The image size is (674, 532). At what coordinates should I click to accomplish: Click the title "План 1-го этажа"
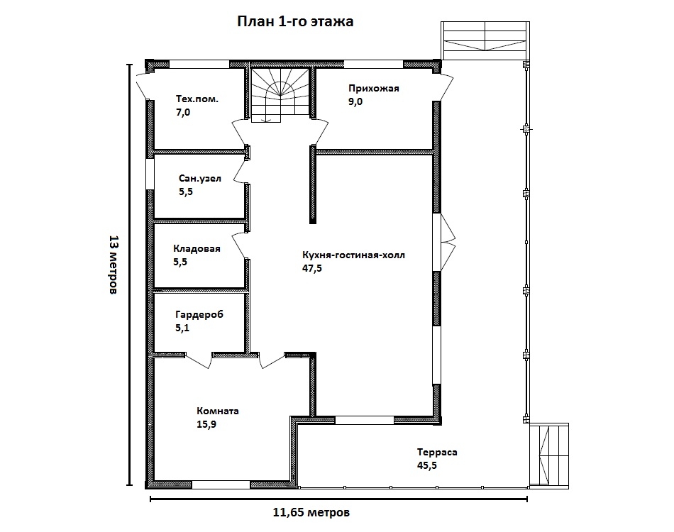click(295, 21)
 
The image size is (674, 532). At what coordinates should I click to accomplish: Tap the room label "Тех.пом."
click(197, 99)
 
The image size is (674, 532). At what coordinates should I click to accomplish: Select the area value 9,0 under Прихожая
click(355, 102)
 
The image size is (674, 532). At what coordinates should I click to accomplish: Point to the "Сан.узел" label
click(200, 178)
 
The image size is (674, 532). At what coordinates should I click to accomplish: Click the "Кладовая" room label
click(197, 248)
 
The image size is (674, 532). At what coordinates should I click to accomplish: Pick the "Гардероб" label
click(199, 314)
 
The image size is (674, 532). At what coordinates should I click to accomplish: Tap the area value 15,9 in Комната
click(206, 425)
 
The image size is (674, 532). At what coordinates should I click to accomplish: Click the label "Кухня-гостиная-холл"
click(353, 255)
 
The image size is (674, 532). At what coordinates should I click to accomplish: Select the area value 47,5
click(312, 269)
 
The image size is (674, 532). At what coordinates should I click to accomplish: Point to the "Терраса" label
click(437, 452)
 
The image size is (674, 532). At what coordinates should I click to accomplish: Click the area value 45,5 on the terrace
click(427, 465)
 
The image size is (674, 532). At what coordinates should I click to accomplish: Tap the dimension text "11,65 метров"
click(311, 512)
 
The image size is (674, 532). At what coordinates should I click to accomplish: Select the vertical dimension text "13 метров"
click(113, 265)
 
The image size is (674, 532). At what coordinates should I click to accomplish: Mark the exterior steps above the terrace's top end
click(485, 40)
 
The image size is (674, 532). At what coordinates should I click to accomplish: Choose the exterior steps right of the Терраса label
click(549, 456)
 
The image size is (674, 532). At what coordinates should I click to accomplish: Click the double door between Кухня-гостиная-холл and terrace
click(443, 243)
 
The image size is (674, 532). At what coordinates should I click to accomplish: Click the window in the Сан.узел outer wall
click(150, 174)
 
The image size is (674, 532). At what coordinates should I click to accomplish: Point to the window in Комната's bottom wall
click(221, 484)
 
